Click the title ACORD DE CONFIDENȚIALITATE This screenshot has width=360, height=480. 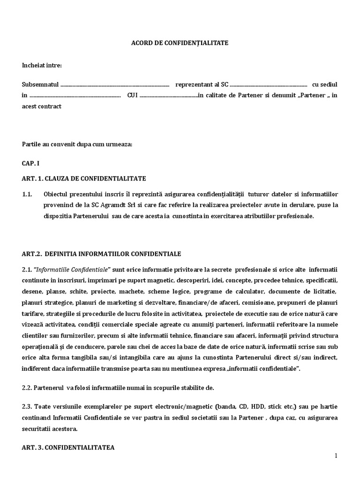(x=180, y=43)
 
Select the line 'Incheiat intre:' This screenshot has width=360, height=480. (x=42, y=65)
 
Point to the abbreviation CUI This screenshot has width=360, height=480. (x=132, y=95)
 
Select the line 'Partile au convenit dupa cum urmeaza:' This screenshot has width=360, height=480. (x=77, y=144)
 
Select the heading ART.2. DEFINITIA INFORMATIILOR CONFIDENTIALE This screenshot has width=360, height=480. (x=101, y=254)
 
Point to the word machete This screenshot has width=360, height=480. (x=134, y=292)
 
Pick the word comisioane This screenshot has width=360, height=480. (x=259, y=302)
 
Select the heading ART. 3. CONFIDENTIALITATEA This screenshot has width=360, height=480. (x=68, y=448)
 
